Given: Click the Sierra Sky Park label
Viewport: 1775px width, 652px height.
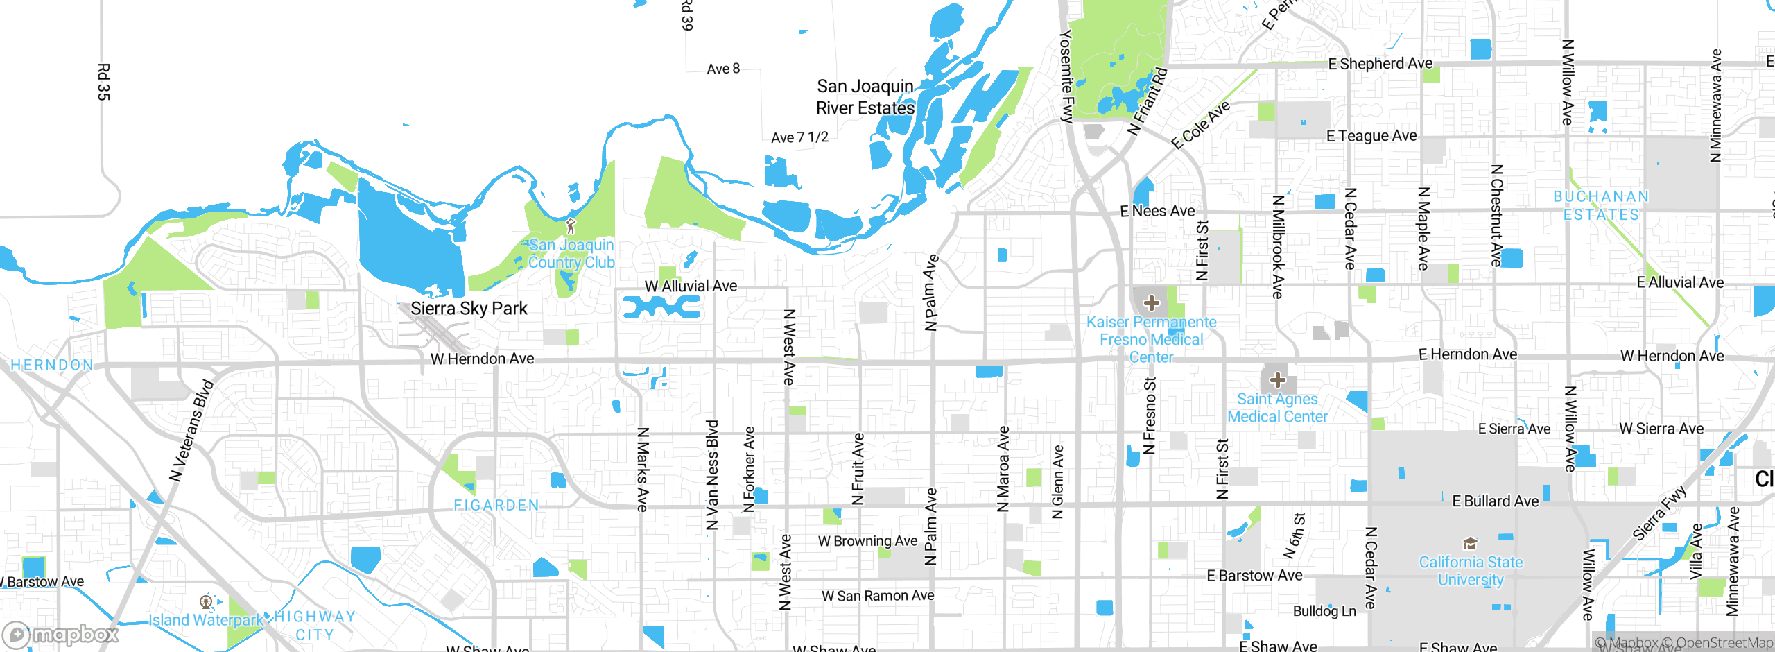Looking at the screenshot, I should (x=469, y=309).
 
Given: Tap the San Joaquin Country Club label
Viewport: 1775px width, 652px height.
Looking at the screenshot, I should (x=571, y=254).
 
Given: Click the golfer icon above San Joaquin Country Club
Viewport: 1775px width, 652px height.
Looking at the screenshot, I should (x=571, y=226).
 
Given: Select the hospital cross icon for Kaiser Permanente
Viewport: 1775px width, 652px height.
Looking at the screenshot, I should (x=1152, y=303).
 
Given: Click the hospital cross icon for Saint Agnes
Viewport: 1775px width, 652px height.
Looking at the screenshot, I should (x=1278, y=379).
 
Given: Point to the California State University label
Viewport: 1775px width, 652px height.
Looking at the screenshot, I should (x=1471, y=571).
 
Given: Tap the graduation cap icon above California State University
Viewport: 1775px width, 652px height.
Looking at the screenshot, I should (x=1469, y=544).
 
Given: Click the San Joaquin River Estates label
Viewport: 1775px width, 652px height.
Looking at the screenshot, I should (x=865, y=97).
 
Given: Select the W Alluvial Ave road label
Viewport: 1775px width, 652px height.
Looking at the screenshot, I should (x=691, y=286).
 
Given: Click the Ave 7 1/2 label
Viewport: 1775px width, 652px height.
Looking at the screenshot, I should (x=799, y=137).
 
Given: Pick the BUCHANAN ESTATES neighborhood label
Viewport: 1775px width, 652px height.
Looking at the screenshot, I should (x=1601, y=205).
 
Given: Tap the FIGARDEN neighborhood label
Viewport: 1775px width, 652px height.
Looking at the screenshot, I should (x=496, y=506).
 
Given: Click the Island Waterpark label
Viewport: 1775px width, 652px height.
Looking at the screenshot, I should (x=206, y=619).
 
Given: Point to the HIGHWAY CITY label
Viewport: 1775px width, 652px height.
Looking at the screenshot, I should (x=315, y=626).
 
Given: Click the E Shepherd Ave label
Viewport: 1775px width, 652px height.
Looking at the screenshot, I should (x=1380, y=64).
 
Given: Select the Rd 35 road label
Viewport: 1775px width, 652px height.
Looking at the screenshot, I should (x=103, y=82).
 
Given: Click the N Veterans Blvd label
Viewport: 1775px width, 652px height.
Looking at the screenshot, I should (x=192, y=431).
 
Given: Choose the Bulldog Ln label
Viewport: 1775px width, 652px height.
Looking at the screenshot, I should (x=1324, y=611).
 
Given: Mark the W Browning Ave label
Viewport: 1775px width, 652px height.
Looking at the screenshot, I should (x=867, y=541).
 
